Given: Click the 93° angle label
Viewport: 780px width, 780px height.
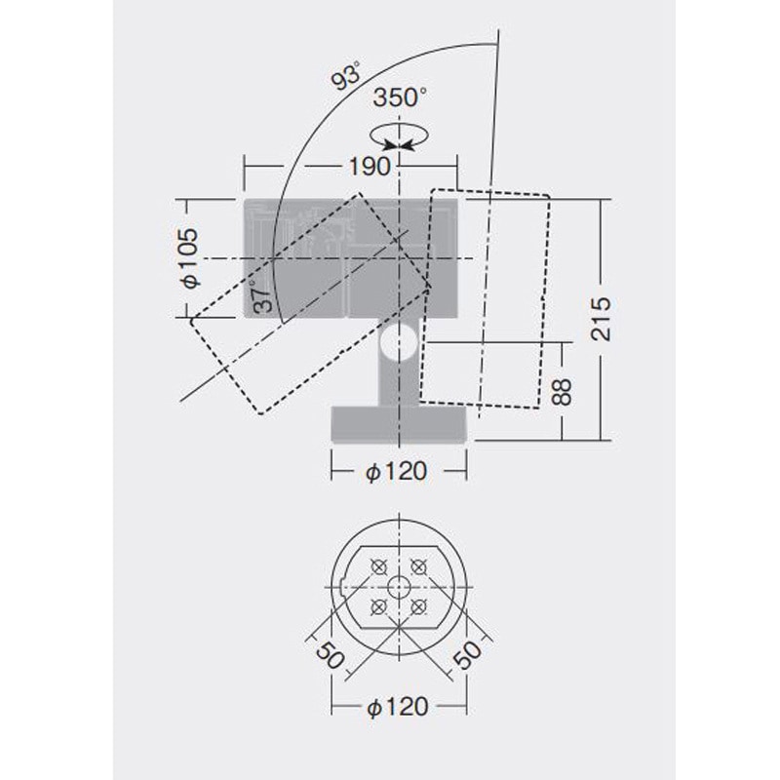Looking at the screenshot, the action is [x=347, y=76].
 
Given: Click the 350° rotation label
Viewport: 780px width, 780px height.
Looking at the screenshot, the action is [x=400, y=97].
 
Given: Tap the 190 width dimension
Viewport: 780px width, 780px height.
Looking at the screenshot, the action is [x=370, y=167].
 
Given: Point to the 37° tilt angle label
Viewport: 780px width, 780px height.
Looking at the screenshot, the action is [x=263, y=296].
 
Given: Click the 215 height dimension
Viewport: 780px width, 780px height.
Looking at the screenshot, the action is [x=601, y=319].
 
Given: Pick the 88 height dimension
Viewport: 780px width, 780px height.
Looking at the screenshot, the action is [x=563, y=392].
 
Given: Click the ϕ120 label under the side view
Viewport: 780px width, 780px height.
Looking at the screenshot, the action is [x=397, y=471].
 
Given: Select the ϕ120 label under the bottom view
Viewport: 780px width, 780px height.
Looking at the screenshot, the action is [x=398, y=707].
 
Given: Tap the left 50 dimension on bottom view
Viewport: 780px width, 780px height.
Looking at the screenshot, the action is [x=330, y=654].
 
